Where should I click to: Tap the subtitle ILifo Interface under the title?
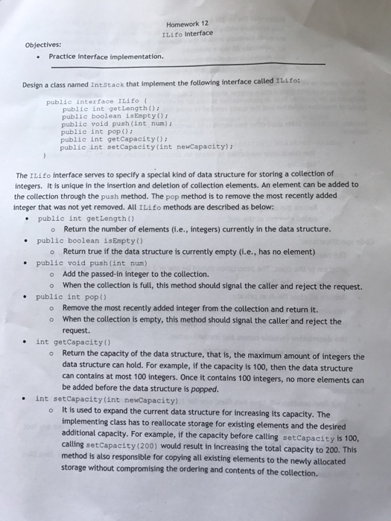click(x=186, y=33)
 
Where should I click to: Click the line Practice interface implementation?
click(x=105, y=56)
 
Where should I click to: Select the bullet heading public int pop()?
click(x=71, y=296)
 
